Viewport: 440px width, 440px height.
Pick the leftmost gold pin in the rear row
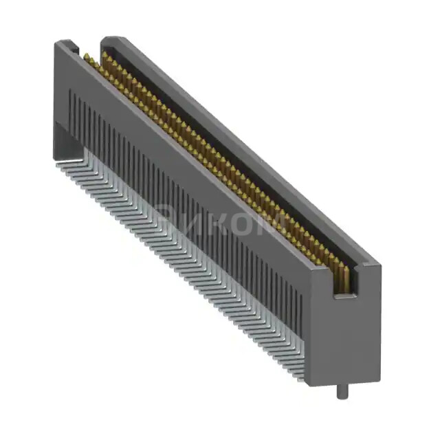(x=105, y=54)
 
